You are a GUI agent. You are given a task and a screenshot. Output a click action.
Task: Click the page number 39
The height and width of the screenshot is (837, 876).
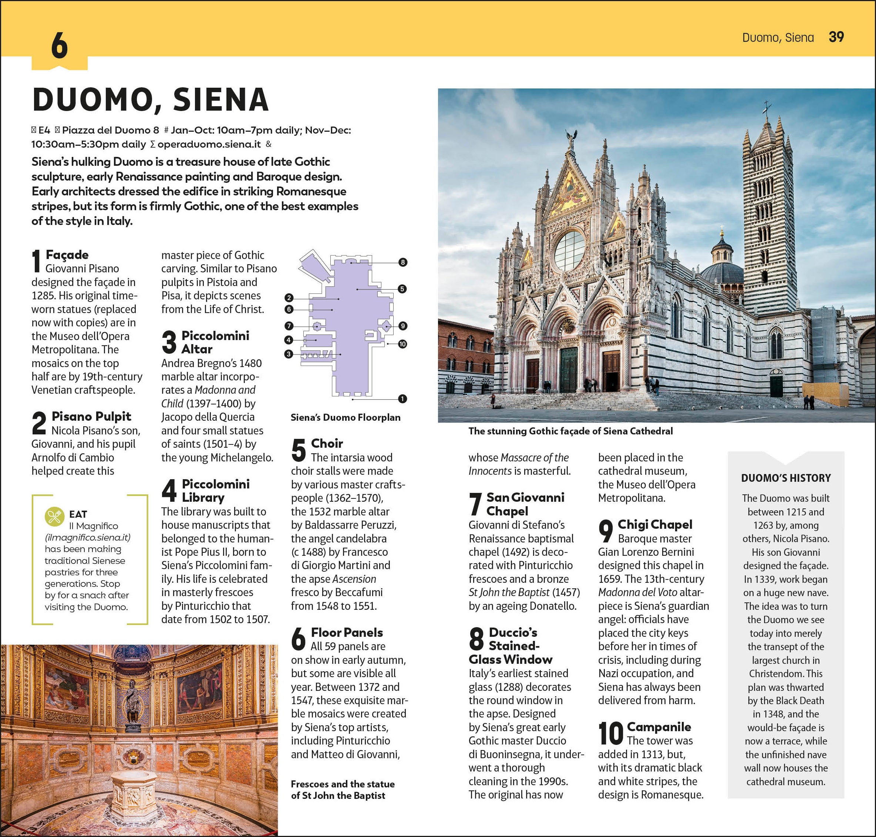pyautogui.click(x=836, y=37)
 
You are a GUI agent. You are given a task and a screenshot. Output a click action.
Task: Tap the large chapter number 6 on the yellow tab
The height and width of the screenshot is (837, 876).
pyautogui.click(x=59, y=46)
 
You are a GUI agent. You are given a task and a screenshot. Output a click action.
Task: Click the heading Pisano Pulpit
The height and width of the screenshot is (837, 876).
pyautogui.click(x=91, y=416)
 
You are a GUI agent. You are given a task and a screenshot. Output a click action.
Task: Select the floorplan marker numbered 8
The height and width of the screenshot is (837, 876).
pyautogui.click(x=403, y=262)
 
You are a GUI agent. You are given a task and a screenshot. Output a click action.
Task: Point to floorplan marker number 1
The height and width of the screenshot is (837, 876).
pyautogui.click(x=402, y=399)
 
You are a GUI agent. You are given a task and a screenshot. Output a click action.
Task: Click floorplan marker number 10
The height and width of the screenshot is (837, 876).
pyautogui.click(x=402, y=344)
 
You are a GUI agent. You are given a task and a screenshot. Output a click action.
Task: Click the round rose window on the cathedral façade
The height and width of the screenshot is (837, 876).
pyautogui.click(x=570, y=250)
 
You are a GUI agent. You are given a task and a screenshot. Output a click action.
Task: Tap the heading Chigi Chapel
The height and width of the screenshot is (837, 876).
pyautogui.click(x=655, y=525)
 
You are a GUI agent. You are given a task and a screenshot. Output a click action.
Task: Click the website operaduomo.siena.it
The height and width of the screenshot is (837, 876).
pyautogui.click(x=209, y=144)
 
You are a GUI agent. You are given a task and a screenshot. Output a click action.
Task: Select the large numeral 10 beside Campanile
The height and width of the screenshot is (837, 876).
pyautogui.click(x=611, y=733)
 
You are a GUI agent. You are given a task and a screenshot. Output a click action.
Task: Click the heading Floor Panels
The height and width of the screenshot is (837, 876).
pyautogui.click(x=347, y=632)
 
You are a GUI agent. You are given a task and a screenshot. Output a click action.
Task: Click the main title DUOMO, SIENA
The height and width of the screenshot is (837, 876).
pyautogui.click(x=151, y=99)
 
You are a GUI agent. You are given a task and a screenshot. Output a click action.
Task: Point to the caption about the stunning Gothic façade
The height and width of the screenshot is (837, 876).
pyautogui.click(x=570, y=431)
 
